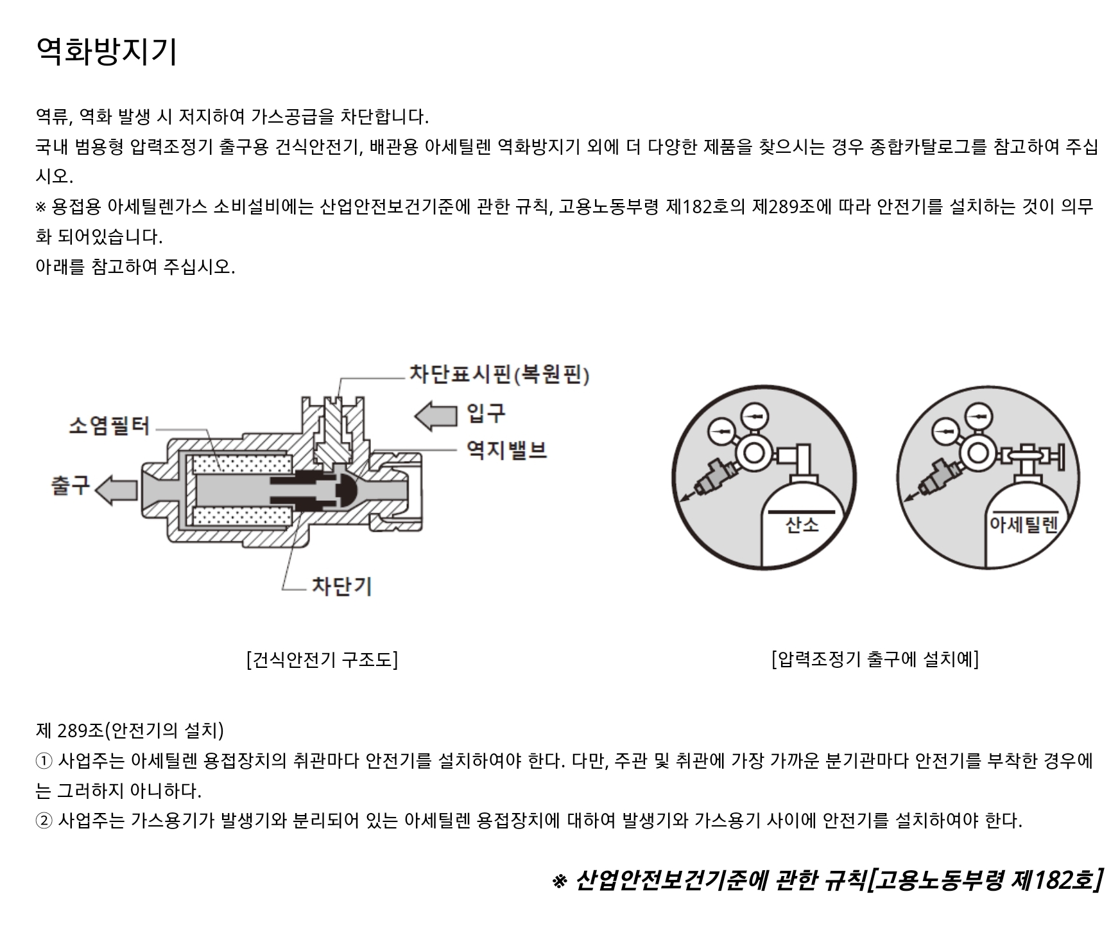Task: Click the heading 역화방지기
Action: pos(106,51)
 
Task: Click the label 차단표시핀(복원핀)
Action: pos(499,374)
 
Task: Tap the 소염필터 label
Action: pos(108,426)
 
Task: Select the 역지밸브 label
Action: pos(506,450)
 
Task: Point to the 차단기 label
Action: pos(341,586)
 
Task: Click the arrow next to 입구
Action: pos(436,415)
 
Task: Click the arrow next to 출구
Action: pos(117,489)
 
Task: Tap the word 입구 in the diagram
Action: pos(486,412)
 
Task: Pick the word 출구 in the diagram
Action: pos(71,486)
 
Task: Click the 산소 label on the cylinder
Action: pos(802,525)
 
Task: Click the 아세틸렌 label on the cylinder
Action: pos(1023,525)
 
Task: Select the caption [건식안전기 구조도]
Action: pos(322,660)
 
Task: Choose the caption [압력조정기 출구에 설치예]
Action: pos(875,659)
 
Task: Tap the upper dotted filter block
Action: pos(241,464)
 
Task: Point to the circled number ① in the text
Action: pos(44,762)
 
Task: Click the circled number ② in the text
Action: pos(44,821)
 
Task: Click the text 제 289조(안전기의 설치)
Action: pos(130,730)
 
